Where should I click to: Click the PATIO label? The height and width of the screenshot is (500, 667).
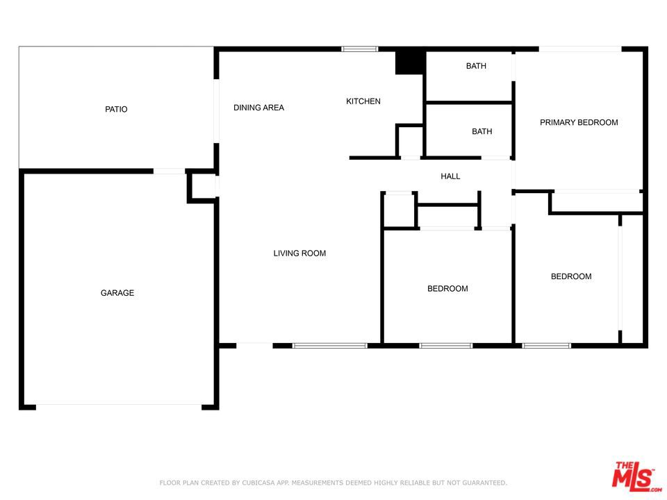pyautogui.click(x=116, y=109)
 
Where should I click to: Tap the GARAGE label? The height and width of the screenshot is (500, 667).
pyautogui.click(x=117, y=293)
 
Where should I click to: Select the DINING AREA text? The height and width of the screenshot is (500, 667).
pyautogui.click(x=258, y=108)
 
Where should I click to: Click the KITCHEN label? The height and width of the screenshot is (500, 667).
pyautogui.click(x=363, y=101)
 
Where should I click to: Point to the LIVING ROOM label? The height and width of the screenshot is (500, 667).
pyautogui.click(x=299, y=253)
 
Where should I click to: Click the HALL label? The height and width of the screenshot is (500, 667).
pyautogui.click(x=450, y=176)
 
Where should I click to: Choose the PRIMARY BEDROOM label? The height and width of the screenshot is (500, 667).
pyautogui.click(x=579, y=122)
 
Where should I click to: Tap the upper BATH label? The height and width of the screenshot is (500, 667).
pyautogui.click(x=476, y=66)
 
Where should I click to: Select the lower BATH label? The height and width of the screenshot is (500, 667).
pyautogui.click(x=481, y=131)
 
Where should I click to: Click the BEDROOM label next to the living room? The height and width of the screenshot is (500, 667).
pyautogui.click(x=447, y=289)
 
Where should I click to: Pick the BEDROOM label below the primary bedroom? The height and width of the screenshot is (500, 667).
pyautogui.click(x=571, y=276)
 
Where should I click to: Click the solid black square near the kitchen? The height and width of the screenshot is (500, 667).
pyautogui.click(x=409, y=62)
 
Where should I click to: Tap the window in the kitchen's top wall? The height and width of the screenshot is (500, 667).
pyautogui.click(x=359, y=49)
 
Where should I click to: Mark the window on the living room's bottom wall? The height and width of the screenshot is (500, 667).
pyautogui.click(x=329, y=345)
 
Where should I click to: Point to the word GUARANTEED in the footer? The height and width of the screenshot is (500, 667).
pyautogui.click(x=482, y=483)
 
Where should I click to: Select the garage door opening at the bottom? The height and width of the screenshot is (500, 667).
pyautogui.click(x=118, y=406)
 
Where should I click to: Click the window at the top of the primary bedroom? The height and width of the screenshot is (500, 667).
pyautogui.click(x=579, y=49)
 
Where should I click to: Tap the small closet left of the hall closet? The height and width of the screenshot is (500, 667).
pyautogui.click(x=399, y=210)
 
